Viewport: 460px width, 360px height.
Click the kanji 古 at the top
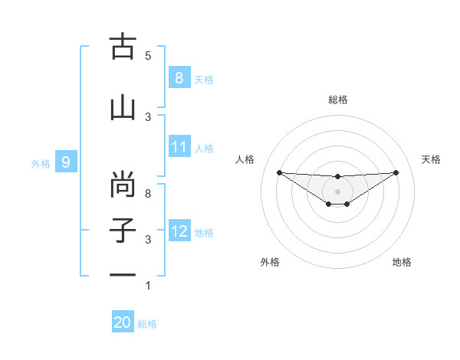click(x=123, y=47)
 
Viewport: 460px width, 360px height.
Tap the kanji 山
click(x=123, y=108)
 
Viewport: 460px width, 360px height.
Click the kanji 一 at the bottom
click(x=123, y=274)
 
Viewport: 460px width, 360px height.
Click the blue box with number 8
click(x=179, y=78)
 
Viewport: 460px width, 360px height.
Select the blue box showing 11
click(x=179, y=147)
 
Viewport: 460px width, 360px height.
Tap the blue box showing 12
click(x=179, y=231)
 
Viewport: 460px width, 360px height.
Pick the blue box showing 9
click(x=66, y=162)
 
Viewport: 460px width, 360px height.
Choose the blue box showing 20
click(x=123, y=323)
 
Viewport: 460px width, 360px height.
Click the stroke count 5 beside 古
click(x=148, y=55)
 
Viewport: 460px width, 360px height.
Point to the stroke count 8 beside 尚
click(x=148, y=193)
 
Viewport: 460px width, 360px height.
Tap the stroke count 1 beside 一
click(x=148, y=286)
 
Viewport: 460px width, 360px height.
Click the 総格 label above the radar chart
click(x=338, y=100)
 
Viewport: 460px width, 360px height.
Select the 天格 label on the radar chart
click(x=432, y=159)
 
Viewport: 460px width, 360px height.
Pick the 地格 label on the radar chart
click(x=402, y=262)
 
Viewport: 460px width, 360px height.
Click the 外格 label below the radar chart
click(x=270, y=262)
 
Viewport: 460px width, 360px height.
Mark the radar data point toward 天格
click(x=396, y=172)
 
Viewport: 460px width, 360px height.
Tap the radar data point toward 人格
click(x=279, y=172)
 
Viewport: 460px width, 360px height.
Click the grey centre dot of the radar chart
click(x=337, y=191)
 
